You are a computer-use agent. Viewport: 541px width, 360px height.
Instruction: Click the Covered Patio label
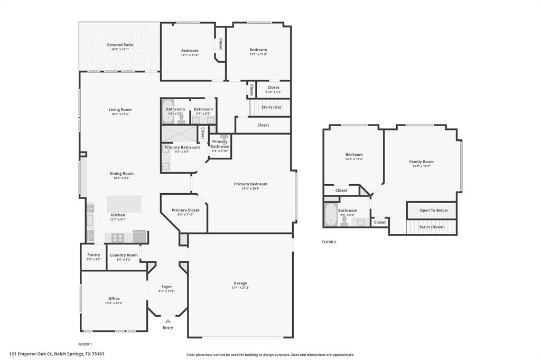click(120, 45)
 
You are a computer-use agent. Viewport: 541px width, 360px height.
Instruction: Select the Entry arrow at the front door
click(167, 320)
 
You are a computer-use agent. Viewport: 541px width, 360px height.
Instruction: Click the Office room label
click(114, 299)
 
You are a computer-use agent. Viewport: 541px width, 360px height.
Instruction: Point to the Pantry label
click(94, 255)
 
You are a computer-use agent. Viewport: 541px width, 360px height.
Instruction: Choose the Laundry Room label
click(124, 255)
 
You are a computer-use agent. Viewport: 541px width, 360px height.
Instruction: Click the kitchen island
click(124, 204)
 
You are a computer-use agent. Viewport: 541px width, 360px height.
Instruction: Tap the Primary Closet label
click(185, 210)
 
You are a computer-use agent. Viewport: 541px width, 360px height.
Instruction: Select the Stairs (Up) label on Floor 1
click(271, 107)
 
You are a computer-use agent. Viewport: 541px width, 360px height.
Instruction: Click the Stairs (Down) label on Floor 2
click(432, 227)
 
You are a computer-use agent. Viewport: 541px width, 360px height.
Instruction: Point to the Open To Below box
click(433, 210)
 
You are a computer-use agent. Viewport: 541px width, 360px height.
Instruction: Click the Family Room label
click(421, 162)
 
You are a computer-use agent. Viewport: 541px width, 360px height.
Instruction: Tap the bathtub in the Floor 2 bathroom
click(331, 215)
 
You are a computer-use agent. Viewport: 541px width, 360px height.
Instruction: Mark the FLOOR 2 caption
click(329, 242)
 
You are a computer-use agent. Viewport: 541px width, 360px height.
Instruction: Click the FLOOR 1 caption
click(85, 344)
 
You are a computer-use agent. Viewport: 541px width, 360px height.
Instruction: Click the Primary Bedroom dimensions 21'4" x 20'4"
click(250, 188)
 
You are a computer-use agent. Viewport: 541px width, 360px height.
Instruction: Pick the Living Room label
click(120, 110)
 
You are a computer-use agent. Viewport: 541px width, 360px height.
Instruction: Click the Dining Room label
click(122, 174)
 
